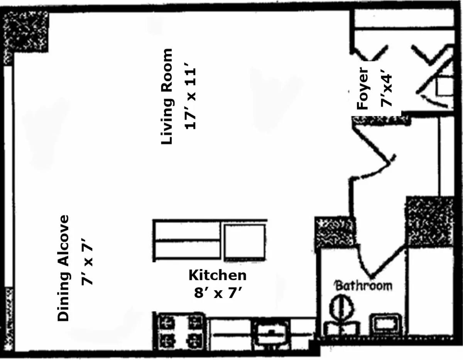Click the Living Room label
point(167,96)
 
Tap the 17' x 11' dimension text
point(190,99)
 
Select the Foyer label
point(362,88)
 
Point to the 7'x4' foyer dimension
point(386,90)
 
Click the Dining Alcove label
point(63,268)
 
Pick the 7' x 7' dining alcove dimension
point(87,265)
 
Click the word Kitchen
point(218,275)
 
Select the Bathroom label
point(363,286)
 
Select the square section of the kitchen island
point(245,242)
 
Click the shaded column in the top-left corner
point(25,32)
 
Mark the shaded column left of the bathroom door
point(334,232)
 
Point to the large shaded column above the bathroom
point(430,221)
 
